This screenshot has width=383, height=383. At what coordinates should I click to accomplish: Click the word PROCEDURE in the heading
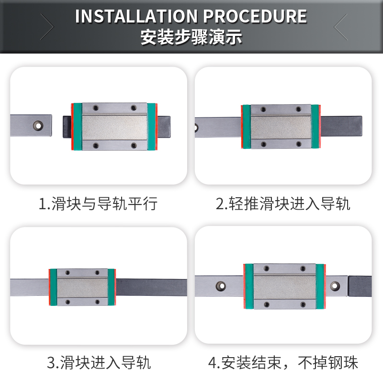tap(255, 16)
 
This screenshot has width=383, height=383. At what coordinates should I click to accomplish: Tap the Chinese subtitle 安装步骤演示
tap(191, 37)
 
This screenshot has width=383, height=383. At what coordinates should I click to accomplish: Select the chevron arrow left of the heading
tap(47, 27)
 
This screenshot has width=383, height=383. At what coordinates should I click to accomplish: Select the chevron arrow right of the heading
tap(340, 27)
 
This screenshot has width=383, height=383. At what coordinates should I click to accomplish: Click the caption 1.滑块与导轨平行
tap(98, 204)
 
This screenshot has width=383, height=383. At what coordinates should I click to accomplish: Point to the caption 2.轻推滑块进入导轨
tap(283, 204)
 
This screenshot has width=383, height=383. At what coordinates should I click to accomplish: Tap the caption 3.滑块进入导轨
tap(99, 362)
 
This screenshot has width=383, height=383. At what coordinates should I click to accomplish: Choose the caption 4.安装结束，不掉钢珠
tap(283, 362)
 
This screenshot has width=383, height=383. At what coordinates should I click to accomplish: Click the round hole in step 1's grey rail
tap(37, 125)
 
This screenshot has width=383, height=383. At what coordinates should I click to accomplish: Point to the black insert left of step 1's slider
tap(67, 126)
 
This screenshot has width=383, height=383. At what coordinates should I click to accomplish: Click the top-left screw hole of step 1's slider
tap(95, 108)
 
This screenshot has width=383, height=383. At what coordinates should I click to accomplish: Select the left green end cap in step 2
tap(246, 127)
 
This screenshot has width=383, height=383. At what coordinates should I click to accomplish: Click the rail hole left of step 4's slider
tap(221, 286)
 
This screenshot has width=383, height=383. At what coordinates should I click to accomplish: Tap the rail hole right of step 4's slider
tap(335, 285)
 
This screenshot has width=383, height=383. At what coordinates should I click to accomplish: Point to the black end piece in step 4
tap(360, 286)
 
